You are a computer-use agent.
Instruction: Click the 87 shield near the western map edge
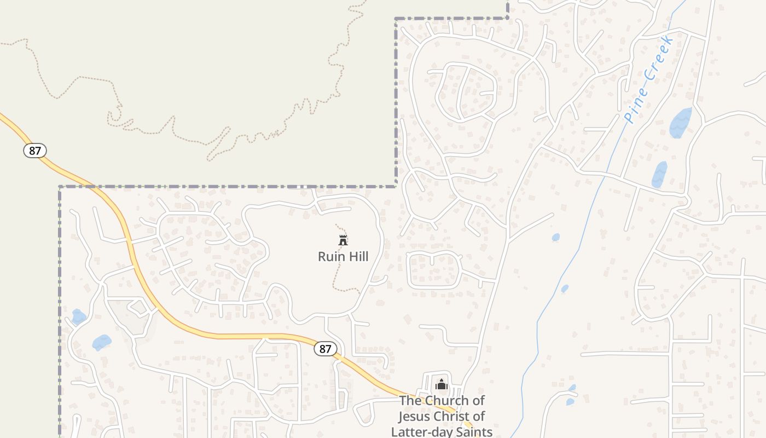pos(35,151)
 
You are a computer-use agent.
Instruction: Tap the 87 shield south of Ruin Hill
pos(326,349)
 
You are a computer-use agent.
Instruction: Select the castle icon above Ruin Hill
pos(343,240)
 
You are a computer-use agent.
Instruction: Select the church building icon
pos(442,385)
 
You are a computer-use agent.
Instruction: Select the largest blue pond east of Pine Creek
pos(681,123)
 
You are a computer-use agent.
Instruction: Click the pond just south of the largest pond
pos(659,175)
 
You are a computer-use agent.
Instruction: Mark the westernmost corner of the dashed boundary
pos(60,187)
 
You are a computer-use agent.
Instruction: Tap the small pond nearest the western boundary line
pos(79,316)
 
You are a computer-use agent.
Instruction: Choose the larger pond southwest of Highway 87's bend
pos(102,342)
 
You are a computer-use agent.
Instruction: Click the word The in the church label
pos(410,401)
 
